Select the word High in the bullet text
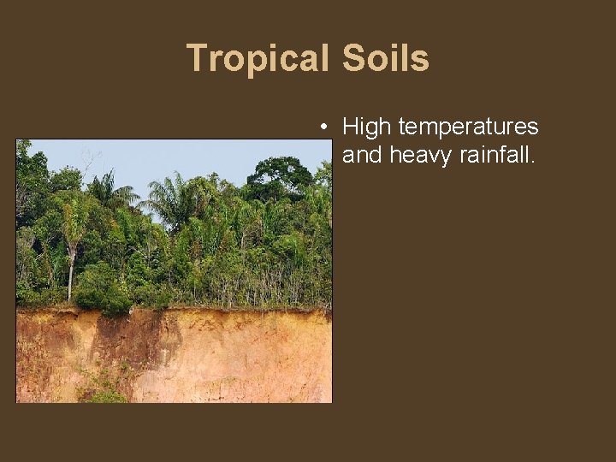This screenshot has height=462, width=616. tap(366, 127)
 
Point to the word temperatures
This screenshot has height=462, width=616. tap(468, 127)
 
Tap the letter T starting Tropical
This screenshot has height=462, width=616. tap(196, 59)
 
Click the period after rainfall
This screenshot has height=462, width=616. tap(532, 161)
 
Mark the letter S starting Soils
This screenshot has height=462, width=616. tap(352, 59)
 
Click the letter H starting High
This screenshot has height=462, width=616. tap(350, 127)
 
